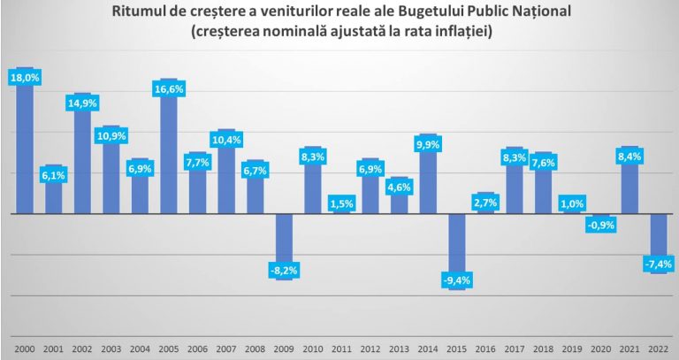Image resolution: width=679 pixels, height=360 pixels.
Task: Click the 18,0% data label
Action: (25, 78)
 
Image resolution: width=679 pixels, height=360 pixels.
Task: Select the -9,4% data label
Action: (457, 280)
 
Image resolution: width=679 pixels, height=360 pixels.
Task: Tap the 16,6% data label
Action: (169, 88)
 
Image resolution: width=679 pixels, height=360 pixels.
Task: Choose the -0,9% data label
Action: (601, 225)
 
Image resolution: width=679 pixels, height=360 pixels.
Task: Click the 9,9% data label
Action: (428, 144)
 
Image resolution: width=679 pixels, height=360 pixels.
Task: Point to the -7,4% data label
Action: (659, 264)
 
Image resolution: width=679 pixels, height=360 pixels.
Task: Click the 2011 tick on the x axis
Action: (341, 348)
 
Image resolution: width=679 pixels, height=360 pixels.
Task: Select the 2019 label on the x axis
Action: (572, 348)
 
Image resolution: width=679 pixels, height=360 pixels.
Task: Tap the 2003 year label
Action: (111, 348)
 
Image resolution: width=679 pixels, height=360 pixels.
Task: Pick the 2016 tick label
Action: (485, 348)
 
